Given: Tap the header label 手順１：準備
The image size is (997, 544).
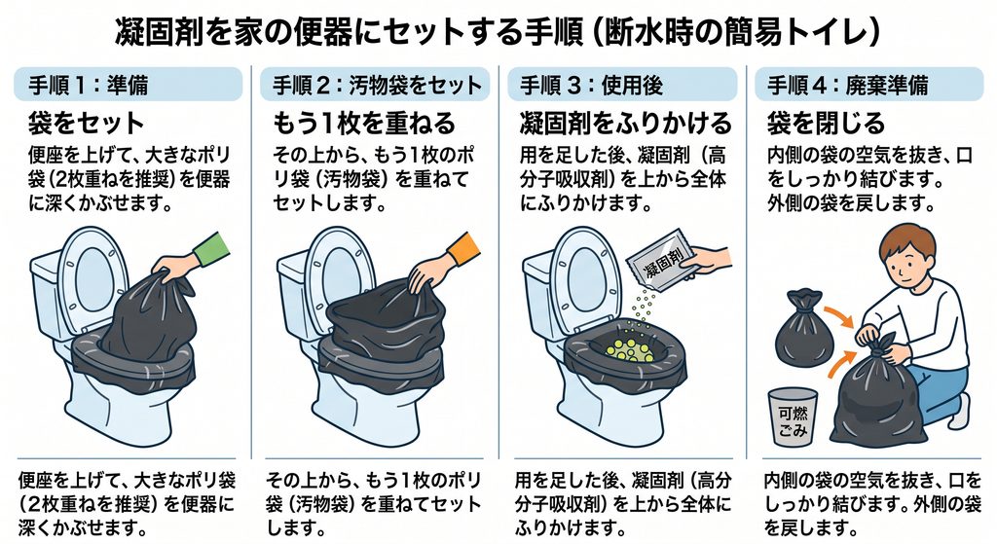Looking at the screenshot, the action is [x=89, y=85].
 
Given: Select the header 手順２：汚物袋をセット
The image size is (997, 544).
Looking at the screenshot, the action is [x=377, y=85].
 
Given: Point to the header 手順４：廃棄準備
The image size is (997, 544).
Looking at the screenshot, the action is [x=848, y=85].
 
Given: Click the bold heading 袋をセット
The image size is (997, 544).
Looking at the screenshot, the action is [x=86, y=123].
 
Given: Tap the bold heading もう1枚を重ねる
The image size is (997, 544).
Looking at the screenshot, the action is [x=364, y=123].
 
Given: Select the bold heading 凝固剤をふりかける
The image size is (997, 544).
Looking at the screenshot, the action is [x=626, y=123].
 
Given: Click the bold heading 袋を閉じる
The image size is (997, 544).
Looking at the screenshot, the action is [x=826, y=123].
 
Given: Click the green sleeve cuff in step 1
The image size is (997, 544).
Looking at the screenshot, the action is [x=211, y=250].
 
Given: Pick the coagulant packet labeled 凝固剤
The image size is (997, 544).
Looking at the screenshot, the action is [x=661, y=259].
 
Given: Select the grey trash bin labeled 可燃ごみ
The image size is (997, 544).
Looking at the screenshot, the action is [x=793, y=417].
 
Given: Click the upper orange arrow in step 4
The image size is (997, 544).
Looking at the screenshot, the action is [x=839, y=316].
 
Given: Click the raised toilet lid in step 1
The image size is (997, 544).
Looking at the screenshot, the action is [x=93, y=276].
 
